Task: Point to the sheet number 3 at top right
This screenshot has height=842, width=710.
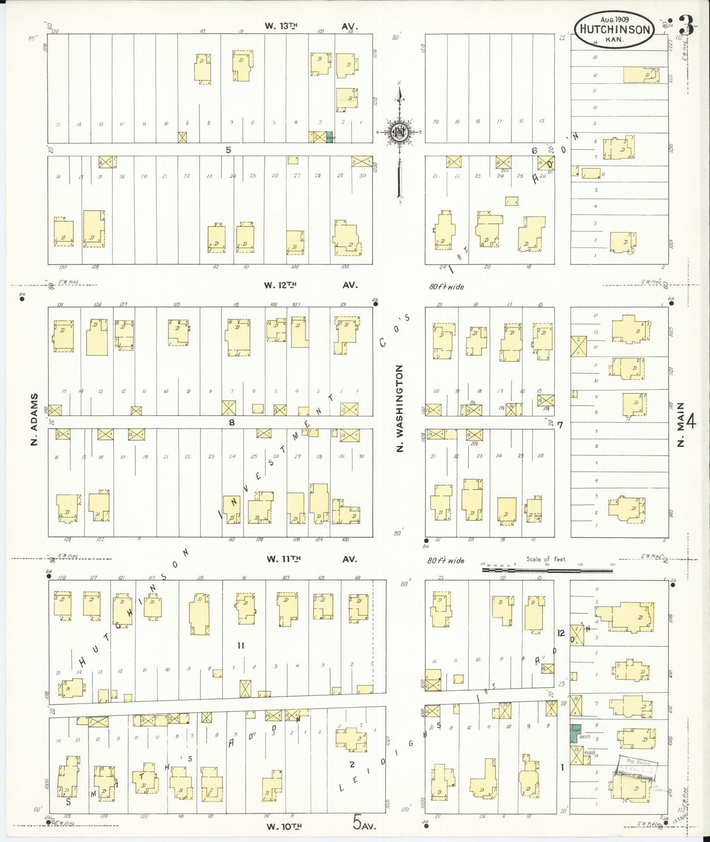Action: pos(686,26)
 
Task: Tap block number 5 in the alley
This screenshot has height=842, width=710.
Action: pos(228,150)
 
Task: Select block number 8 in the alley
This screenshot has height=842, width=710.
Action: pos(231,422)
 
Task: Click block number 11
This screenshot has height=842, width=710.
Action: pos(241,646)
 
